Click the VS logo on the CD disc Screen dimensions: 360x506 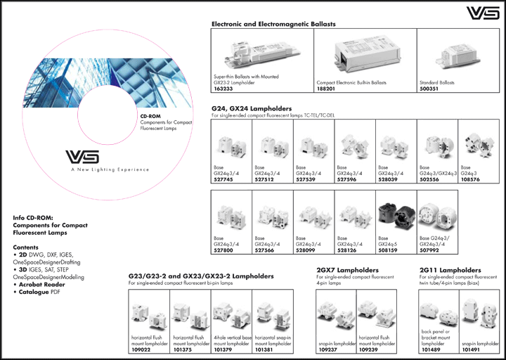[82, 157]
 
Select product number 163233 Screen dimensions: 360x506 [223, 89]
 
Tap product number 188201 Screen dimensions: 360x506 [327, 89]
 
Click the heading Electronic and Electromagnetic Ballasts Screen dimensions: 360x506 [273, 24]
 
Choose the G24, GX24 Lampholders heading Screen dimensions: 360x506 [251, 109]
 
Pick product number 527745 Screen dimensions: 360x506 [223, 178]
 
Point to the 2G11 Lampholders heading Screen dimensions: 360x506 [450, 270]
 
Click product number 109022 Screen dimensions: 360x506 [141, 349]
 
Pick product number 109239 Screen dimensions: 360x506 [368, 349]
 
